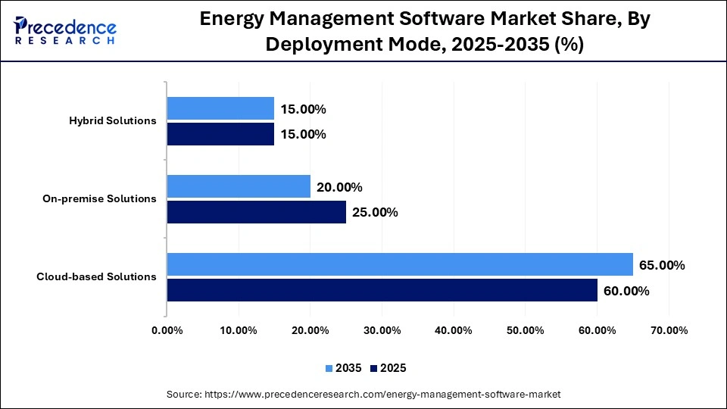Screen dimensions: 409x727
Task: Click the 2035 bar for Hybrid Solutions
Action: (220, 108)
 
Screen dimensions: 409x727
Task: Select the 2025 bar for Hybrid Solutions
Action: (220, 134)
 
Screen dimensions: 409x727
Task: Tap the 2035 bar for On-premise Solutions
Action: (239, 186)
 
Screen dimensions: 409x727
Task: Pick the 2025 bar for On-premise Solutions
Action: (256, 212)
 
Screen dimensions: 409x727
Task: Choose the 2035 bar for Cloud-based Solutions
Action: (400, 264)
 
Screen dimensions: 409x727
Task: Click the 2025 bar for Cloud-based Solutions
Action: (382, 290)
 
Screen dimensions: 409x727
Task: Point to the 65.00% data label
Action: (662, 265)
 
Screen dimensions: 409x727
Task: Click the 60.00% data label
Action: (626, 291)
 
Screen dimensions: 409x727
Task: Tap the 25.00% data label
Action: (375, 212)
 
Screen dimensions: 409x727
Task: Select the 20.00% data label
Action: (339, 187)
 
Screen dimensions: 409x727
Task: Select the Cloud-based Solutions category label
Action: (96, 276)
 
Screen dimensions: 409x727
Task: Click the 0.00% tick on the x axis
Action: (167, 330)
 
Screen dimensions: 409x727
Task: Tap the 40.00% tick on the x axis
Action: (454, 330)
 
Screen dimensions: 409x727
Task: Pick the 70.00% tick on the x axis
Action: (669, 330)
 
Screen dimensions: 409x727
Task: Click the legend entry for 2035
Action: (344, 368)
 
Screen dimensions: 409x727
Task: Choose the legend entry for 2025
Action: (388, 368)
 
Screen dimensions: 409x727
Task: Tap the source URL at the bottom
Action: (363, 395)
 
